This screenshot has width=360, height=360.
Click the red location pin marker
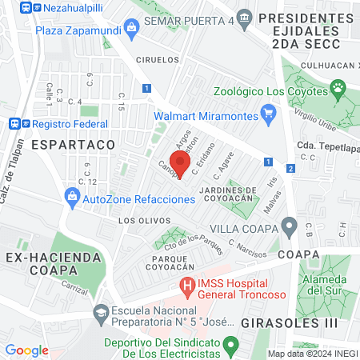[180, 162]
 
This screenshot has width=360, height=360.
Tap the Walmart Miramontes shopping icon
[270, 116]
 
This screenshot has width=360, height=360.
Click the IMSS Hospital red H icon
[187, 285]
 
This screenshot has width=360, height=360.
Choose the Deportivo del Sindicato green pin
[231, 346]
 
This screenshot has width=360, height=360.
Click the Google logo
[26, 350]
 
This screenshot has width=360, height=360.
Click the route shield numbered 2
[290, 168]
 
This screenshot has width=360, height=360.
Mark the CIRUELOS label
[156, 59]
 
